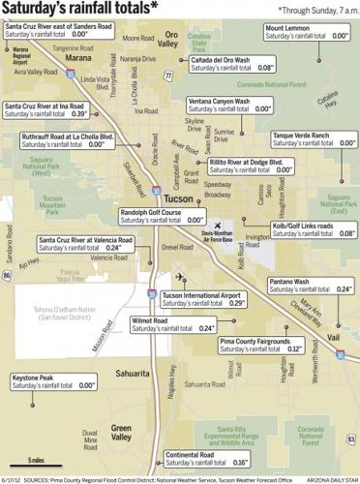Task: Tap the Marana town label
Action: click(x=51, y=57)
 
